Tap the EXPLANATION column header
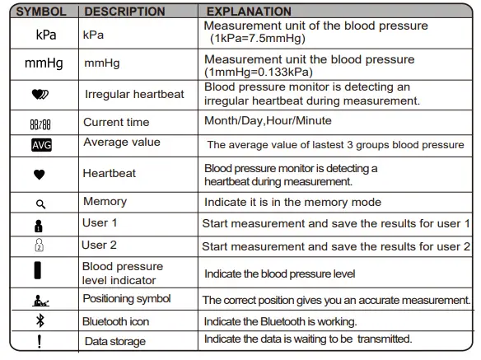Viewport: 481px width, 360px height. click(x=248, y=12)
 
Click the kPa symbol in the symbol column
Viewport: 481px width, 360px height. click(x=46, y=35)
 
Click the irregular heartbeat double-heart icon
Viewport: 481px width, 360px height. click(x=40, y=94)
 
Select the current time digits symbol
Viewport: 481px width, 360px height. click(x=40, y=124)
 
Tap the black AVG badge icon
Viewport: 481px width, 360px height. click(x=40, y=145)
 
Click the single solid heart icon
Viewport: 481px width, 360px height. click(x=40, y=175)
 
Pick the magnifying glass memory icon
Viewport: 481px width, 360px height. click(x=40, y=203)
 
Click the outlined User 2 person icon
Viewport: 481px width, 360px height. click(x=39, y=246)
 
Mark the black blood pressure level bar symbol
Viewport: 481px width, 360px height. click(x=38, y=271)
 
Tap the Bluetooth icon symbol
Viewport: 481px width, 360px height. click(x=40, y=321)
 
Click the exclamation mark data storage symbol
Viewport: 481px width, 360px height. click(x=39, y=341)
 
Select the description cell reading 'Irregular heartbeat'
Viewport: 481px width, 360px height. click(x=134, y=94)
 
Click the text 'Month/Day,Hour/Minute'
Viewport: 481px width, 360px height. click(x=268, y=121)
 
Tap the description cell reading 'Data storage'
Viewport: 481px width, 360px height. click(x=114, y=341)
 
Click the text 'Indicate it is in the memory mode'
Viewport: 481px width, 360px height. click(x=292, y=202)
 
